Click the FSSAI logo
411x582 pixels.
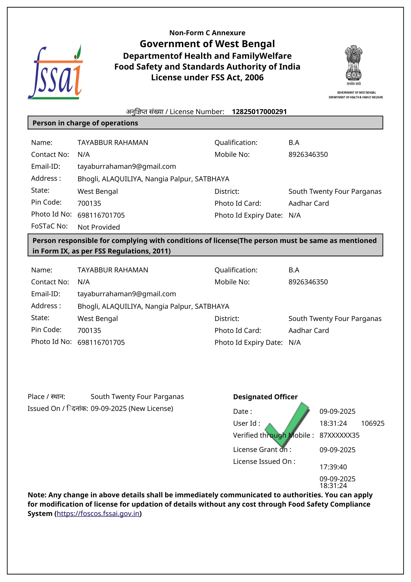(55, 73)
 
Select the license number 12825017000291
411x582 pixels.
(259, 112)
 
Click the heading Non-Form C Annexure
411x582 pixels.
(207, 33)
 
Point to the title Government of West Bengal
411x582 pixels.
(207, 44)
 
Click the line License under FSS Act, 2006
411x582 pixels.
(207, 78)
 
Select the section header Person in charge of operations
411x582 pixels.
(85, 123)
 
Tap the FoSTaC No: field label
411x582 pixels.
(49, 226)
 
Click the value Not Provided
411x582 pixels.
(99, 227)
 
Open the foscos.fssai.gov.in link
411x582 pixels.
(98, 514)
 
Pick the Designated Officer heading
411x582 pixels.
(265, 397)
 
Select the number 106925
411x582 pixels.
(373, 423)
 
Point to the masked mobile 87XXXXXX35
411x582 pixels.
(339, 435)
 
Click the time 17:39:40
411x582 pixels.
(333, 467)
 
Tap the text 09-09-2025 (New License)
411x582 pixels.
(132, 409)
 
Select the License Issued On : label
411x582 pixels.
(264, 462)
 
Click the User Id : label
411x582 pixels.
(246, 423)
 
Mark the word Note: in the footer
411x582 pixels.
(37, 495)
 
